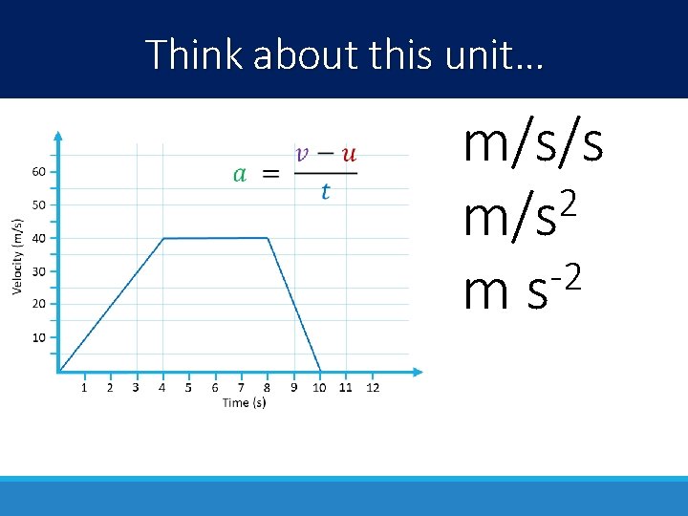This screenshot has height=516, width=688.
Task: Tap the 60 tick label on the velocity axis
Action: point(38,172)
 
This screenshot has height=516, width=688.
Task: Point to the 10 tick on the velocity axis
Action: point(38,337)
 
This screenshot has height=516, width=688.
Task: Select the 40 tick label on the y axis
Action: point(38,238)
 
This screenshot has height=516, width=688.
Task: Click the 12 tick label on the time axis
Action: point(373,387)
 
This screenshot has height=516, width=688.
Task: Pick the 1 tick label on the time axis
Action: point(84,387)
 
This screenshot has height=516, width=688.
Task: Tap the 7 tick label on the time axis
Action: point(241,387)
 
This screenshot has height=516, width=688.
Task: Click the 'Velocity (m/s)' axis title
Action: point(17,257)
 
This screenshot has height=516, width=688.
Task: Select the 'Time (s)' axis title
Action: point(244,403)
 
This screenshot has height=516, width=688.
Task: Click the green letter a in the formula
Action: point(240,174)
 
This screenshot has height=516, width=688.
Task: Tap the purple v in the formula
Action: point(304,153)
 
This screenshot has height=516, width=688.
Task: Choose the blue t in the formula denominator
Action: point(325,192)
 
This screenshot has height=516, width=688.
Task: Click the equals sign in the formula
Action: point(271,174)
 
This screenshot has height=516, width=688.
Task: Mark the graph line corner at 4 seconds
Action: point(163,239)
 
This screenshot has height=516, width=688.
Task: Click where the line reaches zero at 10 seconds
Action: point(320,371)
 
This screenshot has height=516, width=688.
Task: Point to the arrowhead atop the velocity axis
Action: point(58,136)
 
